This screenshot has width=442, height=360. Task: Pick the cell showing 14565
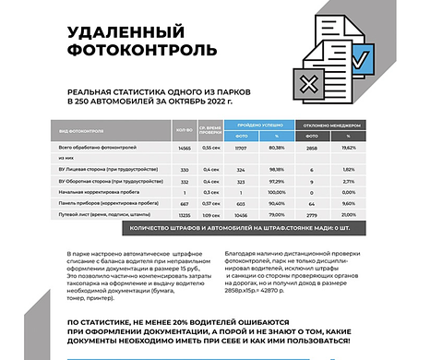[x=184, y=147]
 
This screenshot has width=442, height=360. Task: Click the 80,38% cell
[x=276, y=147]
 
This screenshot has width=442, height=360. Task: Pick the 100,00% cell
[x=276, y=191]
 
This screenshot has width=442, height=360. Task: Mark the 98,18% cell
[x=276, y=170]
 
